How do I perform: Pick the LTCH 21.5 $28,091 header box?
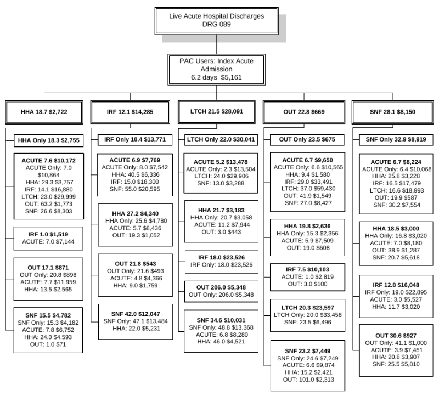[218, 111]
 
